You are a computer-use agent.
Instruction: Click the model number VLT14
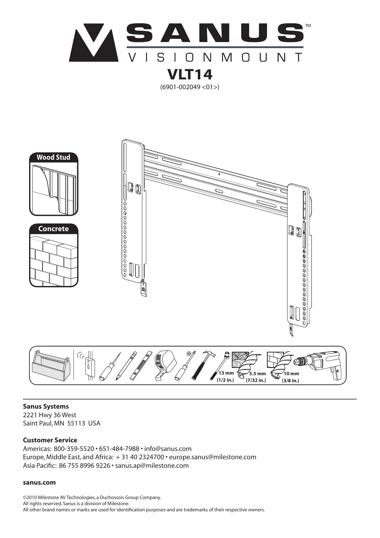click(x=190, y=74)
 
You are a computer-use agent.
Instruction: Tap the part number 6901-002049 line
click(x=190, y=87)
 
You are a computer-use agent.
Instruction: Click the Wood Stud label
click(x=54, y=157)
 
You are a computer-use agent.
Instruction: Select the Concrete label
click(x=54, y=229)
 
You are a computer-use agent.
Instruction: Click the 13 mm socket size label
click(x=226, y=373)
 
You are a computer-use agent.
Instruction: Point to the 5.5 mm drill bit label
click(x=257, y=374)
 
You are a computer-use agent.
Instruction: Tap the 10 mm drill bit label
click(x=291, y=374)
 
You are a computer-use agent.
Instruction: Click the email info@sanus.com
click(x=168, y=449)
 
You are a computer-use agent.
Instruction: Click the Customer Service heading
click(x=50, y=440)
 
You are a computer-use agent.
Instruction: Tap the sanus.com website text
click(x=40, y=483)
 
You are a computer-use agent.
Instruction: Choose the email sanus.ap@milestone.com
click(x=152, y=466)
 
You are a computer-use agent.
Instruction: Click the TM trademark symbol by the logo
click(x=308, y=26)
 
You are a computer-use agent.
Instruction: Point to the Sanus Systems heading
click(x=46, y=406)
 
